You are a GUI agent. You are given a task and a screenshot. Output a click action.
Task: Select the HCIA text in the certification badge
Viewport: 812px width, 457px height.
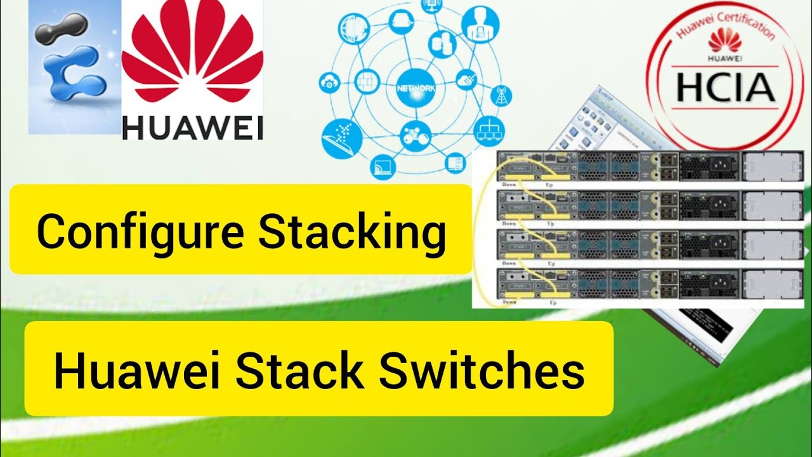[725, 89]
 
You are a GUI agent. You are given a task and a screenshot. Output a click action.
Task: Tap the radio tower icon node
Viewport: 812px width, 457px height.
[502, 95]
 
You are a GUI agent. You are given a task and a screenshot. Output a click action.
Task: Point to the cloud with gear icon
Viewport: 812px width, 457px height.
[330, 83]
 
